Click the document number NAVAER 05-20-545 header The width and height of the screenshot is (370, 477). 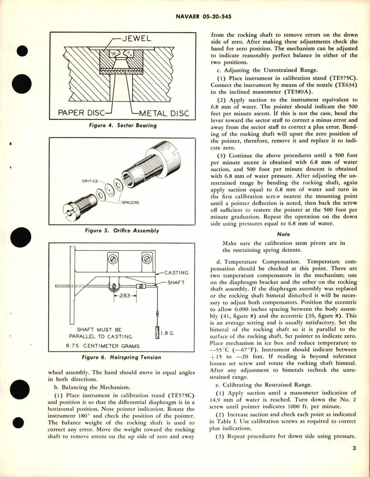[204, 17]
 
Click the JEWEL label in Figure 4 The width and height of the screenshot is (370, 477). [137, 39]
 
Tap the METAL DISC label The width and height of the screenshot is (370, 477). [164, 113]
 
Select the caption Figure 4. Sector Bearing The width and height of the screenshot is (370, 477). [123, 126]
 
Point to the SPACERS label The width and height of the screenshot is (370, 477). [130, 203]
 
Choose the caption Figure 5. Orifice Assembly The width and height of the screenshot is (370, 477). [122, 231]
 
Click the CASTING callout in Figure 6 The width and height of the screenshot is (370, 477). [176, 273]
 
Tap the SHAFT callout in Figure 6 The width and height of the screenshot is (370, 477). [176, 283]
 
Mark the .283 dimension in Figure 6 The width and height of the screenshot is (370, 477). [125, 296]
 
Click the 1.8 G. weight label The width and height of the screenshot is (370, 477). [168, 333]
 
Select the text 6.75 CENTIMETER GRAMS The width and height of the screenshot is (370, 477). [103, 346]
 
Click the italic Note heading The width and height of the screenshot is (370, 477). [283, 234]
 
